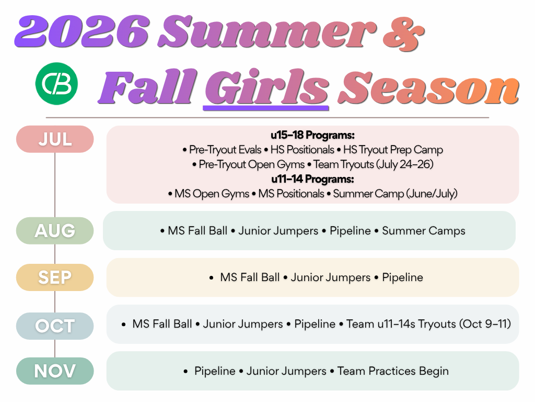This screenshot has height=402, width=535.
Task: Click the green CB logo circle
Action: pyautogui.click(x=56, y=83)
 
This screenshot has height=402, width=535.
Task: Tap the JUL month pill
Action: pyautogui.click(x=55, y=139)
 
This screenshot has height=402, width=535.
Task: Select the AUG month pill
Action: pyautogui.click(x=55, y=231)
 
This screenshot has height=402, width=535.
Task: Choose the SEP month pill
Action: pyautogui.click(x=55, y=277)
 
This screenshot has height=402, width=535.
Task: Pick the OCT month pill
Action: pyautogui.click(x=55, y=326)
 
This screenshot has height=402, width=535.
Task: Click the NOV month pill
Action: pyautogui.click(x=55, y=371)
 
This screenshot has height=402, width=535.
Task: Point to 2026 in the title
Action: pyautogui.click(x=82, y=31)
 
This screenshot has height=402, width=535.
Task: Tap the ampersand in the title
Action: pyautogui.click(x=404, y=33)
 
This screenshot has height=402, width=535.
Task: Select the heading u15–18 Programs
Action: pyautogui.click(x=312, y=135)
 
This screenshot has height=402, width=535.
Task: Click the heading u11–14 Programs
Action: pyautogui.click(x=312, y=179)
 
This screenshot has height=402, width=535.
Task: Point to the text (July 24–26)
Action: pyautogui.click(x=405, y=164)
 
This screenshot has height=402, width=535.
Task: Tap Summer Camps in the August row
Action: pyautogui.click(x=423, y=231)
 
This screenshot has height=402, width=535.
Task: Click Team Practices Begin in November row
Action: pyautogui.click(x=393, y=371)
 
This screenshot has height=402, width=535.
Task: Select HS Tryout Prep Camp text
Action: pyautogui.click(x=393, y=150)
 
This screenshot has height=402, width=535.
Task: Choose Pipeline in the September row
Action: pyautogui.click(x=403, y=277)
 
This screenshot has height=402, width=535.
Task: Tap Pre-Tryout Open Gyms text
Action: pyautogui.click(x=251, y=164)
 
